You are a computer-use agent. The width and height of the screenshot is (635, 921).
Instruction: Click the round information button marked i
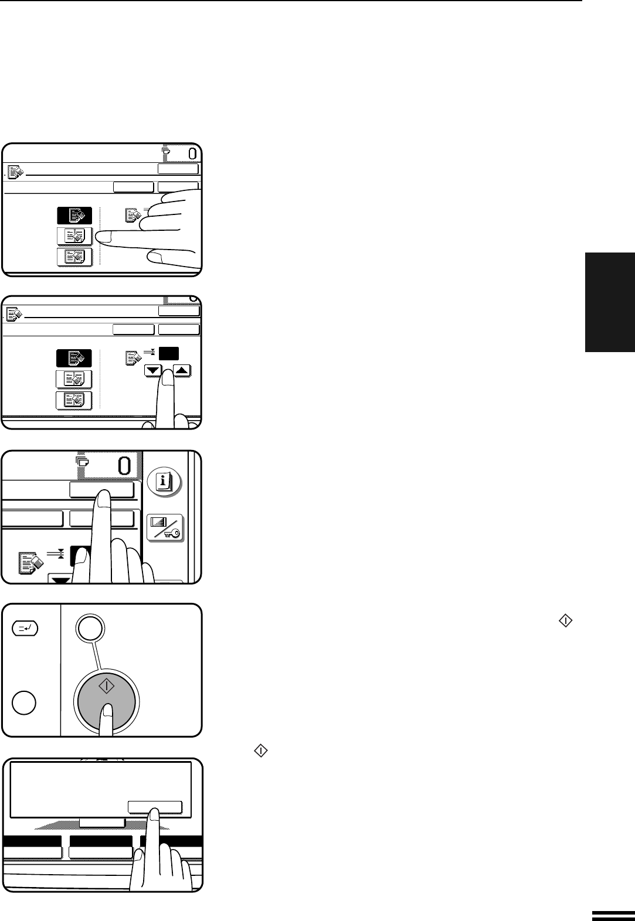click(164, 482)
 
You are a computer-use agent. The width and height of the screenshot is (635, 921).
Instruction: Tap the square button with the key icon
click(165, 528)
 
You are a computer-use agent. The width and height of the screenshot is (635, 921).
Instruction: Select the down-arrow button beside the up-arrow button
click(153, 371)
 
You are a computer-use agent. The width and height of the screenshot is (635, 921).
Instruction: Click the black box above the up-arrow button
click(169, 354)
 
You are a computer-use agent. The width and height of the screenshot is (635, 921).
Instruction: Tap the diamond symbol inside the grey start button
click(107, 686)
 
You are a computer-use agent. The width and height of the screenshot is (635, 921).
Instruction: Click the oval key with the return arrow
click(25, 629)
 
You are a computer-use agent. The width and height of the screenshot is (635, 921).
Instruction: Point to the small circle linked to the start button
click(90, 628)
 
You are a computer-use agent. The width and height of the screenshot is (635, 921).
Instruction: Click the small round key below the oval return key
click(24, 702)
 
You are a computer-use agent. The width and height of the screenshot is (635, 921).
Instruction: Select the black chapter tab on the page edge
click(610, 302)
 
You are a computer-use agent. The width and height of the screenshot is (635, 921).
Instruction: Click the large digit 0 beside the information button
click(124, 466)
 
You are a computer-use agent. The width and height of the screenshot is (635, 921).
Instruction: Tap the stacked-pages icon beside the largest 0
click(82, 461)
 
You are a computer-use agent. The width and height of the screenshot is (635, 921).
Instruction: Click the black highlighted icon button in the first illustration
click(74, 216)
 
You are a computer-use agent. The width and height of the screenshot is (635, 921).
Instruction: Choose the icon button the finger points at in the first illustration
click(75, 236)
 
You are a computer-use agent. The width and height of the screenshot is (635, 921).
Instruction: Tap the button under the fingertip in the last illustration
click(155, 807)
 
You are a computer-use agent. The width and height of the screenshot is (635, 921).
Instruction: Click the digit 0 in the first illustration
click(192, 154)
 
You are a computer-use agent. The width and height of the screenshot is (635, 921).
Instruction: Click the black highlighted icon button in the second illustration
click(74, 358)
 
